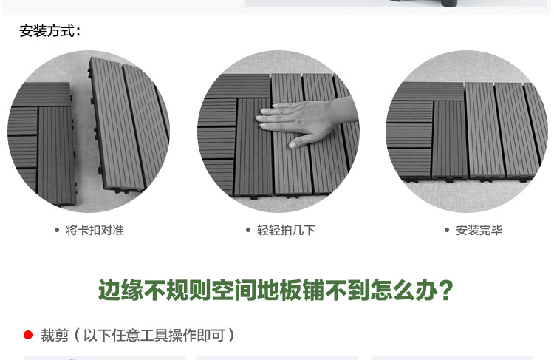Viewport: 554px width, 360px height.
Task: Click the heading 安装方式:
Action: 50,31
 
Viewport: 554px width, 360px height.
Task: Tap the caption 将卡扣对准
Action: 95,230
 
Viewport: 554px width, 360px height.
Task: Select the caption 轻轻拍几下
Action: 286,230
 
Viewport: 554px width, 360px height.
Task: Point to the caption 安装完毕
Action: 479,230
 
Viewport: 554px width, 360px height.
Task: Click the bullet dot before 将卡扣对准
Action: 57,230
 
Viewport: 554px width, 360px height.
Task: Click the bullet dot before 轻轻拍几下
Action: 248,230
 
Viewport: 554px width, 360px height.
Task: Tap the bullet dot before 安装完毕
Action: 447,230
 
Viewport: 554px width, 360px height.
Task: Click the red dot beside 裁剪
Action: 28,335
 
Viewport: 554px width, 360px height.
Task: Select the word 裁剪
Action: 55,336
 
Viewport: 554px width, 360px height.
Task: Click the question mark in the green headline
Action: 445,290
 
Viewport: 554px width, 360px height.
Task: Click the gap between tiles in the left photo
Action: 83,140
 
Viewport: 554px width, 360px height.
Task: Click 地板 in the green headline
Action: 278,290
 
